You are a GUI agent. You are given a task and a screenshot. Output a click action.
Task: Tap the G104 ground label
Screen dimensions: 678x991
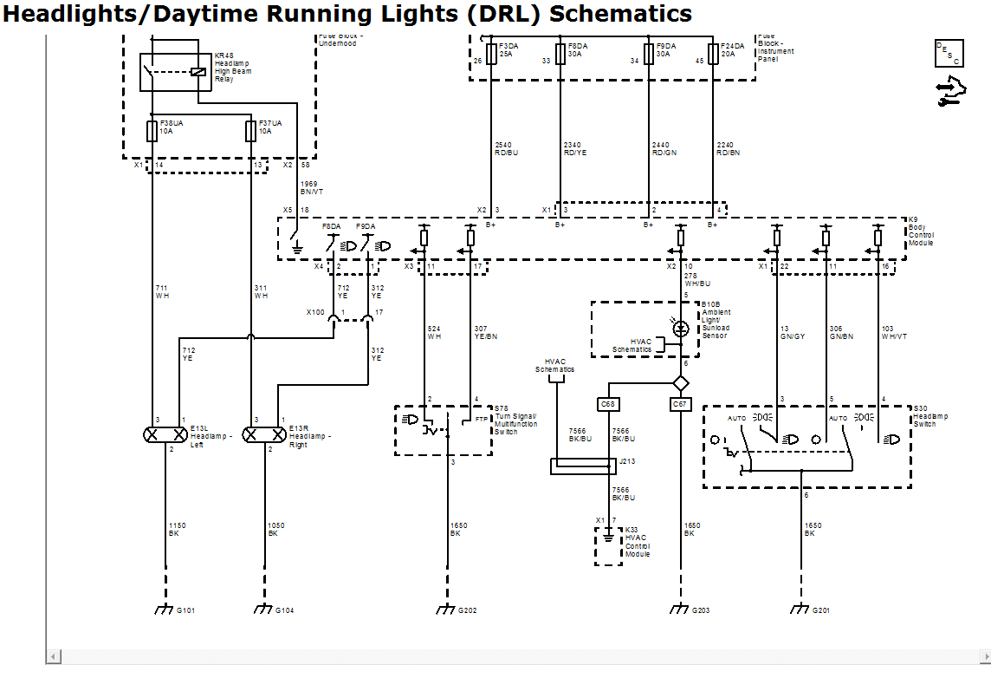[285, 611]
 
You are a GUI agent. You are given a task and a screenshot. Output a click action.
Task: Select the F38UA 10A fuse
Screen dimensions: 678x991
[152, 131]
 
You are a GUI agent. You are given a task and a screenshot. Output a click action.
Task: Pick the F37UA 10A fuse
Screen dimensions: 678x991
[251, 131]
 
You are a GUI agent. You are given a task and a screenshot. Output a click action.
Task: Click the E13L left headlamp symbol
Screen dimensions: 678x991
[165, 434]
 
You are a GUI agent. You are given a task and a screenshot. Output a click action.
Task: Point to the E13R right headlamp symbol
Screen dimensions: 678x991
[263, 434]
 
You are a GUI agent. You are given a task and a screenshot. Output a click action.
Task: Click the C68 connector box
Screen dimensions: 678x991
[608, 404]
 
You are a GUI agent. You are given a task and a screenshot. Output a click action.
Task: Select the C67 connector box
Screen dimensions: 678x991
[681, 404]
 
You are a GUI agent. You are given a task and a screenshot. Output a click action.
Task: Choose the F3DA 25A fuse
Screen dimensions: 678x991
[491, 54]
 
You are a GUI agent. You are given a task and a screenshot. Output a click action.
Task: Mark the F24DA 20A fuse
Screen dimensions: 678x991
[713, 54]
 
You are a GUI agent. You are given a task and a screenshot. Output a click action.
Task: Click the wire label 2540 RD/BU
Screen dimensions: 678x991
[506, 148]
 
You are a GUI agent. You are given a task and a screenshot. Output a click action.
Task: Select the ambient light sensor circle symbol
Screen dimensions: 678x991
[682, 329]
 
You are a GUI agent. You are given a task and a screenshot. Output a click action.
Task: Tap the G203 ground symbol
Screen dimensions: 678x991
[679, 610]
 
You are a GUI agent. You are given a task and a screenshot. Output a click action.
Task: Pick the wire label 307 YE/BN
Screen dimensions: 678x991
[486, 332]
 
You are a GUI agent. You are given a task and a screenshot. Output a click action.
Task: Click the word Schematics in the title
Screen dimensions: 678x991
[621, 14]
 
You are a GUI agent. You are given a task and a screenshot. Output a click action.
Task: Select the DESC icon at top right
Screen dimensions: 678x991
[949, 54]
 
